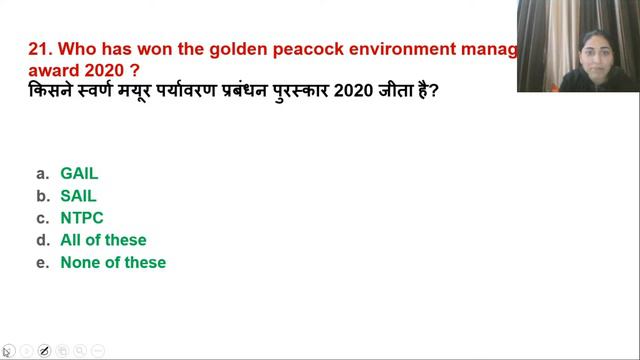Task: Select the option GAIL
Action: pos(79,173)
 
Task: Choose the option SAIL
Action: pos(78,196)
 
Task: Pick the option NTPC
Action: pos(82,218)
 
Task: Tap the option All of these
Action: pos(103,240)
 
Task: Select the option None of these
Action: pos(113,262)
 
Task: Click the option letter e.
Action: pos(42,263)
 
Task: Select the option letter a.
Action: pos(42,173)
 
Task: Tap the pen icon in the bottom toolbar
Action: pos(44,351)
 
